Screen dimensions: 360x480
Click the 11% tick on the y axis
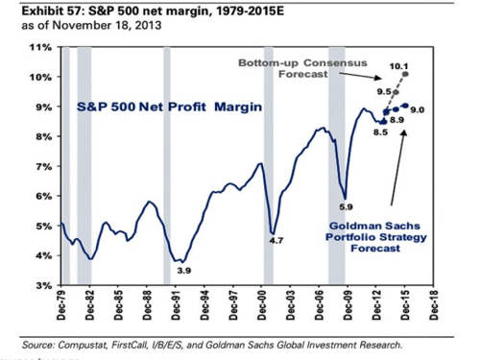click(40, 47)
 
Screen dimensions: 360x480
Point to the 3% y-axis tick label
click(42, 285)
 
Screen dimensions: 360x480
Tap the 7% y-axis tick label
click(42, 166)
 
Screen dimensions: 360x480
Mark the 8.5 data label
click(379, 132)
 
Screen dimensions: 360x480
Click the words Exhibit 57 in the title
click(39, 11)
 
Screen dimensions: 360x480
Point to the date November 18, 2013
click(103, 26)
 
